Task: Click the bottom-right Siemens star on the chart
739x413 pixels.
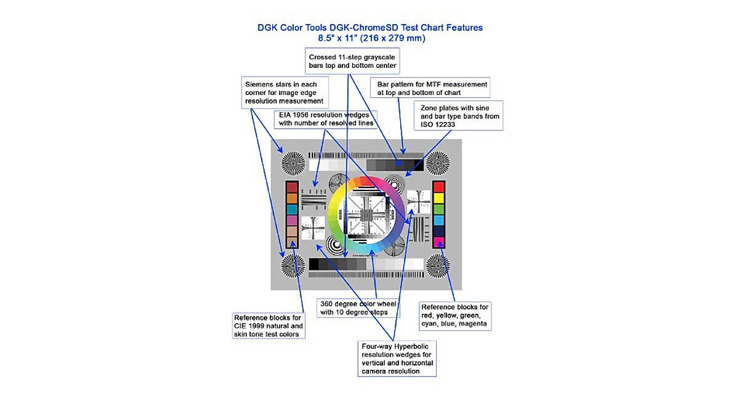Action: click(440, 265)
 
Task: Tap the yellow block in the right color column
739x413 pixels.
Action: click(439, 198)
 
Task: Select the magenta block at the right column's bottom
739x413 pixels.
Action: click(439, 242)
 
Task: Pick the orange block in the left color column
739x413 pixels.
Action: click(292, 198)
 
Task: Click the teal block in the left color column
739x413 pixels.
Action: click(292, 210)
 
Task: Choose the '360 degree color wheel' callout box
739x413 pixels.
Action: click(358, 308)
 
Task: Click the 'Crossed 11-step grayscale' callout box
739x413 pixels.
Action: click(352, 61)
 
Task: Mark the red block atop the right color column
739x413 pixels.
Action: click(439, 187)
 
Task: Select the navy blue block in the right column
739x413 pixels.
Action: click(439, 231)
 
